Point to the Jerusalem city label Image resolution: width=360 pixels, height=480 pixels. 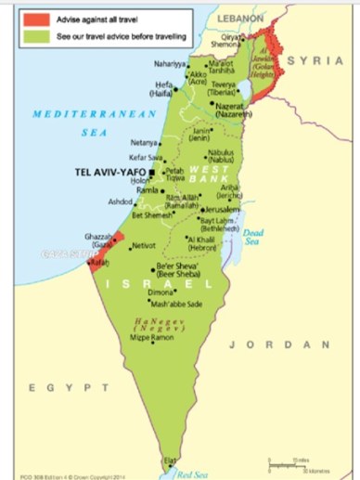223,210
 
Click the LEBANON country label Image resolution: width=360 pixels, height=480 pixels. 240,18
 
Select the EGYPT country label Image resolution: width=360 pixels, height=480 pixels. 58,386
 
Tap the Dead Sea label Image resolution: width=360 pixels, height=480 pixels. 253,237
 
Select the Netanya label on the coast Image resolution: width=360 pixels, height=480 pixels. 144,143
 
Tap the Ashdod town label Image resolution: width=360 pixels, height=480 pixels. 122,201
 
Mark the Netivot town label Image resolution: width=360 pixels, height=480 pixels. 145,246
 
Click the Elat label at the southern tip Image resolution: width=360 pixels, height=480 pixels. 169,459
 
